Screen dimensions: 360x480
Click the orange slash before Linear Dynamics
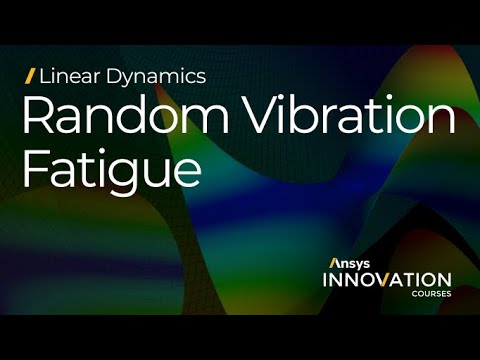click(30, 75)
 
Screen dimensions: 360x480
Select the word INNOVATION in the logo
click(386, 279)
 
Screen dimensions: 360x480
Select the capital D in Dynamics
click(108, 75)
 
